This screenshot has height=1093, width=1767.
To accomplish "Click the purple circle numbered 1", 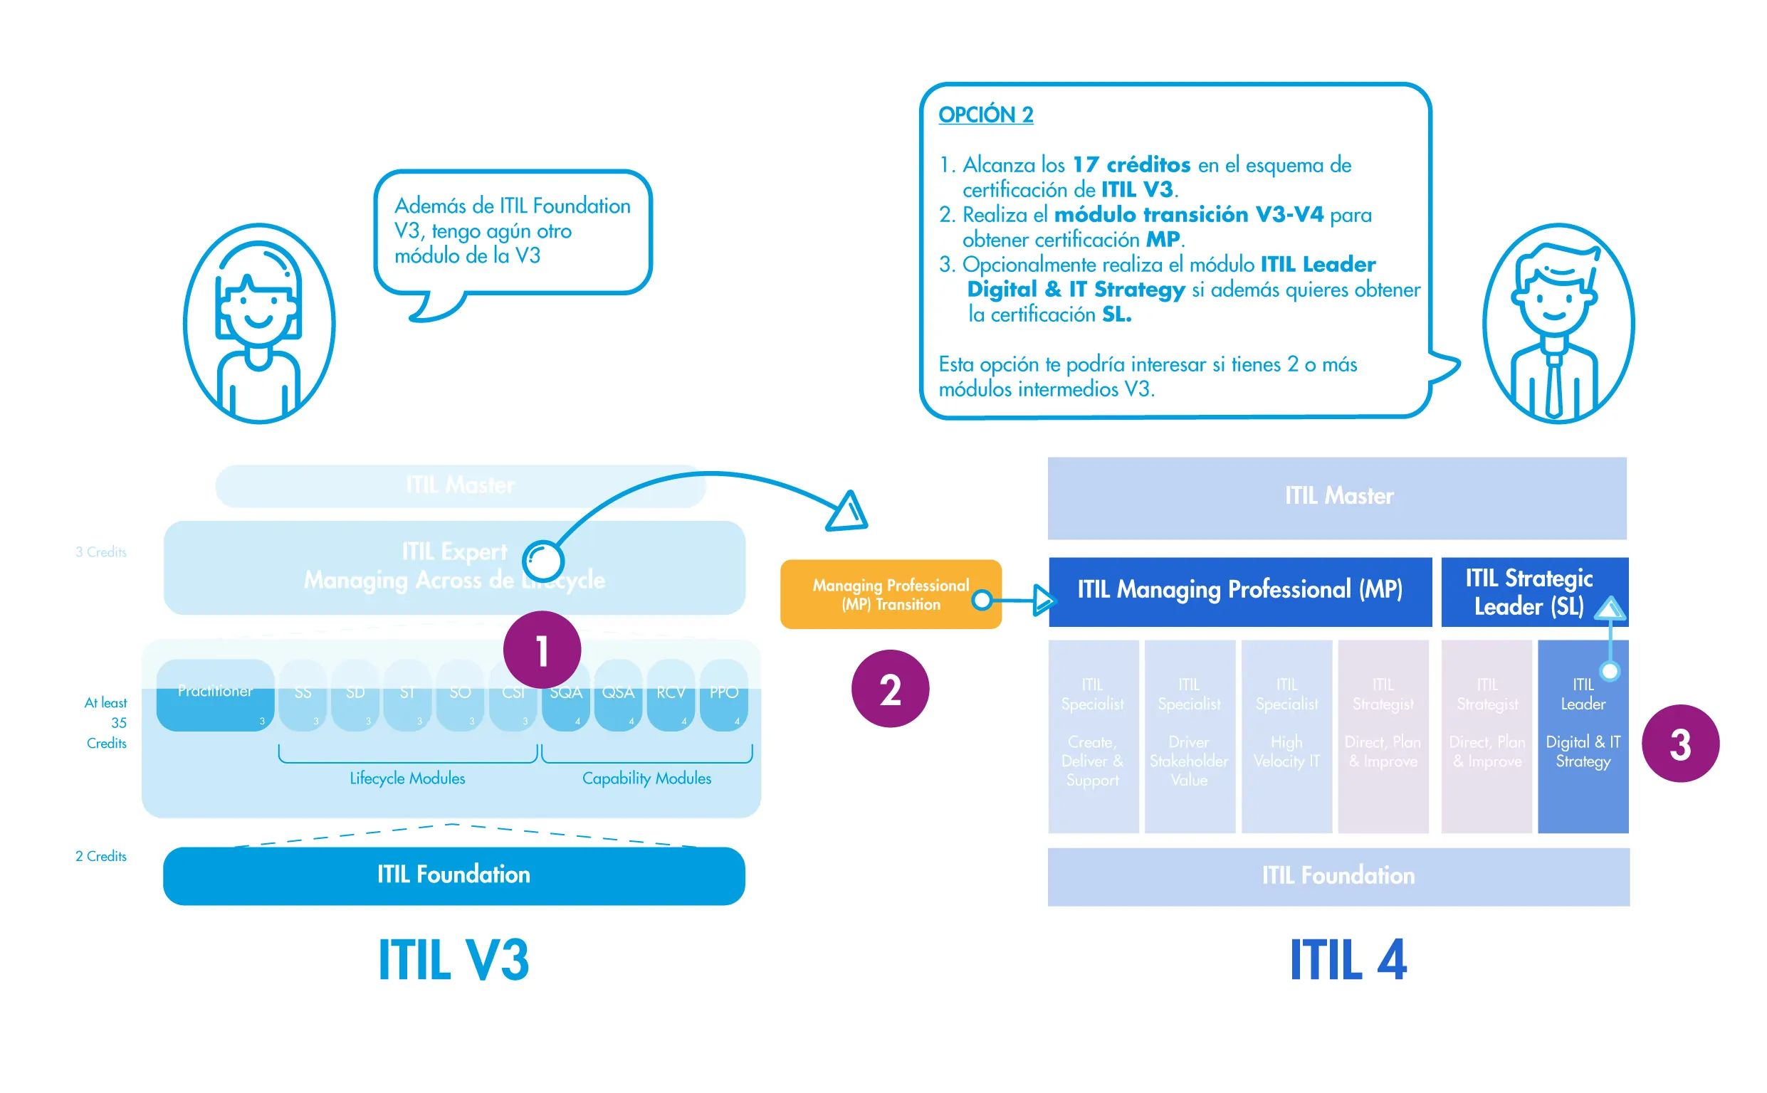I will pyautogui.click(x=542, y=649).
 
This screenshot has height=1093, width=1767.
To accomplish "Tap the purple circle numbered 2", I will pyautogui.click(x=890, y=688).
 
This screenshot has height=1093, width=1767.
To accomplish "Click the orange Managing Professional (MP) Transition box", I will pyautogui.click(x=890, y=594).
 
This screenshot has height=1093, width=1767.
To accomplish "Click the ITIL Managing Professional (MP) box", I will pyautogui.click(x=1239, y=591).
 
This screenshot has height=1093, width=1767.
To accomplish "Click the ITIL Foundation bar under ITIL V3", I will pyautogui.click(x=454, y=875).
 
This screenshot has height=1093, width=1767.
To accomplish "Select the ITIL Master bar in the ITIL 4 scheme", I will pyautogui.click(x=1337, y=497).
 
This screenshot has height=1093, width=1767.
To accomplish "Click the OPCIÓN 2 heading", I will pyautogui.click(x=985, y=115).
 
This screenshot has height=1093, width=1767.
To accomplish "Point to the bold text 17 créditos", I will pyautogui.click(x=1131, y=165).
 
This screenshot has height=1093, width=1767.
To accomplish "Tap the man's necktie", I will pyautogui.click(x=1553, y=386).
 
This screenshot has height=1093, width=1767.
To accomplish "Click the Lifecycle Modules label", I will pyautogui.click(x=407, y=778).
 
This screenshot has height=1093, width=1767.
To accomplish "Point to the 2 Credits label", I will pyautogui.click(x=100, y=857).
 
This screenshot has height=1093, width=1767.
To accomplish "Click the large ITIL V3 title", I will pyautogui.click(x=453, y=960).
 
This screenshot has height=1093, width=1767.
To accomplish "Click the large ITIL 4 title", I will pyautogui.click(x=1348, y=960).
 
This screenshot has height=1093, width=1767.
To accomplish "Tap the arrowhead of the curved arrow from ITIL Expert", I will pyautogui.click(x=848, y=512).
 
